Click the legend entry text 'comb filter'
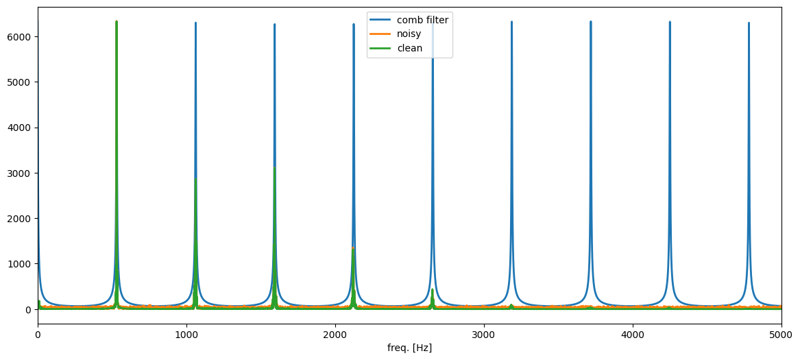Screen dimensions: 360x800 pyautogui.click(x=422, y=20)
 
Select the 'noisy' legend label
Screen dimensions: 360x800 pyautogui.click(x=410, y=34)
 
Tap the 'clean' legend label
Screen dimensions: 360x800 pyautogui.click(x=409, y=48)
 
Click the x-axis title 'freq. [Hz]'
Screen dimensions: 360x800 pyautogui.click(x=409, y=348)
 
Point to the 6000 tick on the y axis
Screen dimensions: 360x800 pyautogui.click(x=21, y=36)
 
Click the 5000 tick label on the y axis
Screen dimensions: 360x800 pyautogui.click(x=21, y=82)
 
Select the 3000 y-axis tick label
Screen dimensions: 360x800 pyautogui.click(x=21, y=173)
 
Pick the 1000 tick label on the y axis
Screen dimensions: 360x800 pyautogui.click(x=21, y=264)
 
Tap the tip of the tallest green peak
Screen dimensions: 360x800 pyautogui.click(x=117, y=22)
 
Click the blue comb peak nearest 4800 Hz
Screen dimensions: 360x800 pyautogui.click(x=749, y=23)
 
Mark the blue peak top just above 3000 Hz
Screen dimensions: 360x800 pyautogui.click(x=511, y=22)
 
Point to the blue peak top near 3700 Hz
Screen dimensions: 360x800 pyautogui.click(x=590, y=22)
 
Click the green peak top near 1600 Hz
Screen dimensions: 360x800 pyautogui.click(x=275, y=168)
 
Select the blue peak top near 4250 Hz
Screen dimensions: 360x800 pyautogui.click(x=670, y=22)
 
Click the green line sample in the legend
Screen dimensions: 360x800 pyautogui.click(x=380, y=48)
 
